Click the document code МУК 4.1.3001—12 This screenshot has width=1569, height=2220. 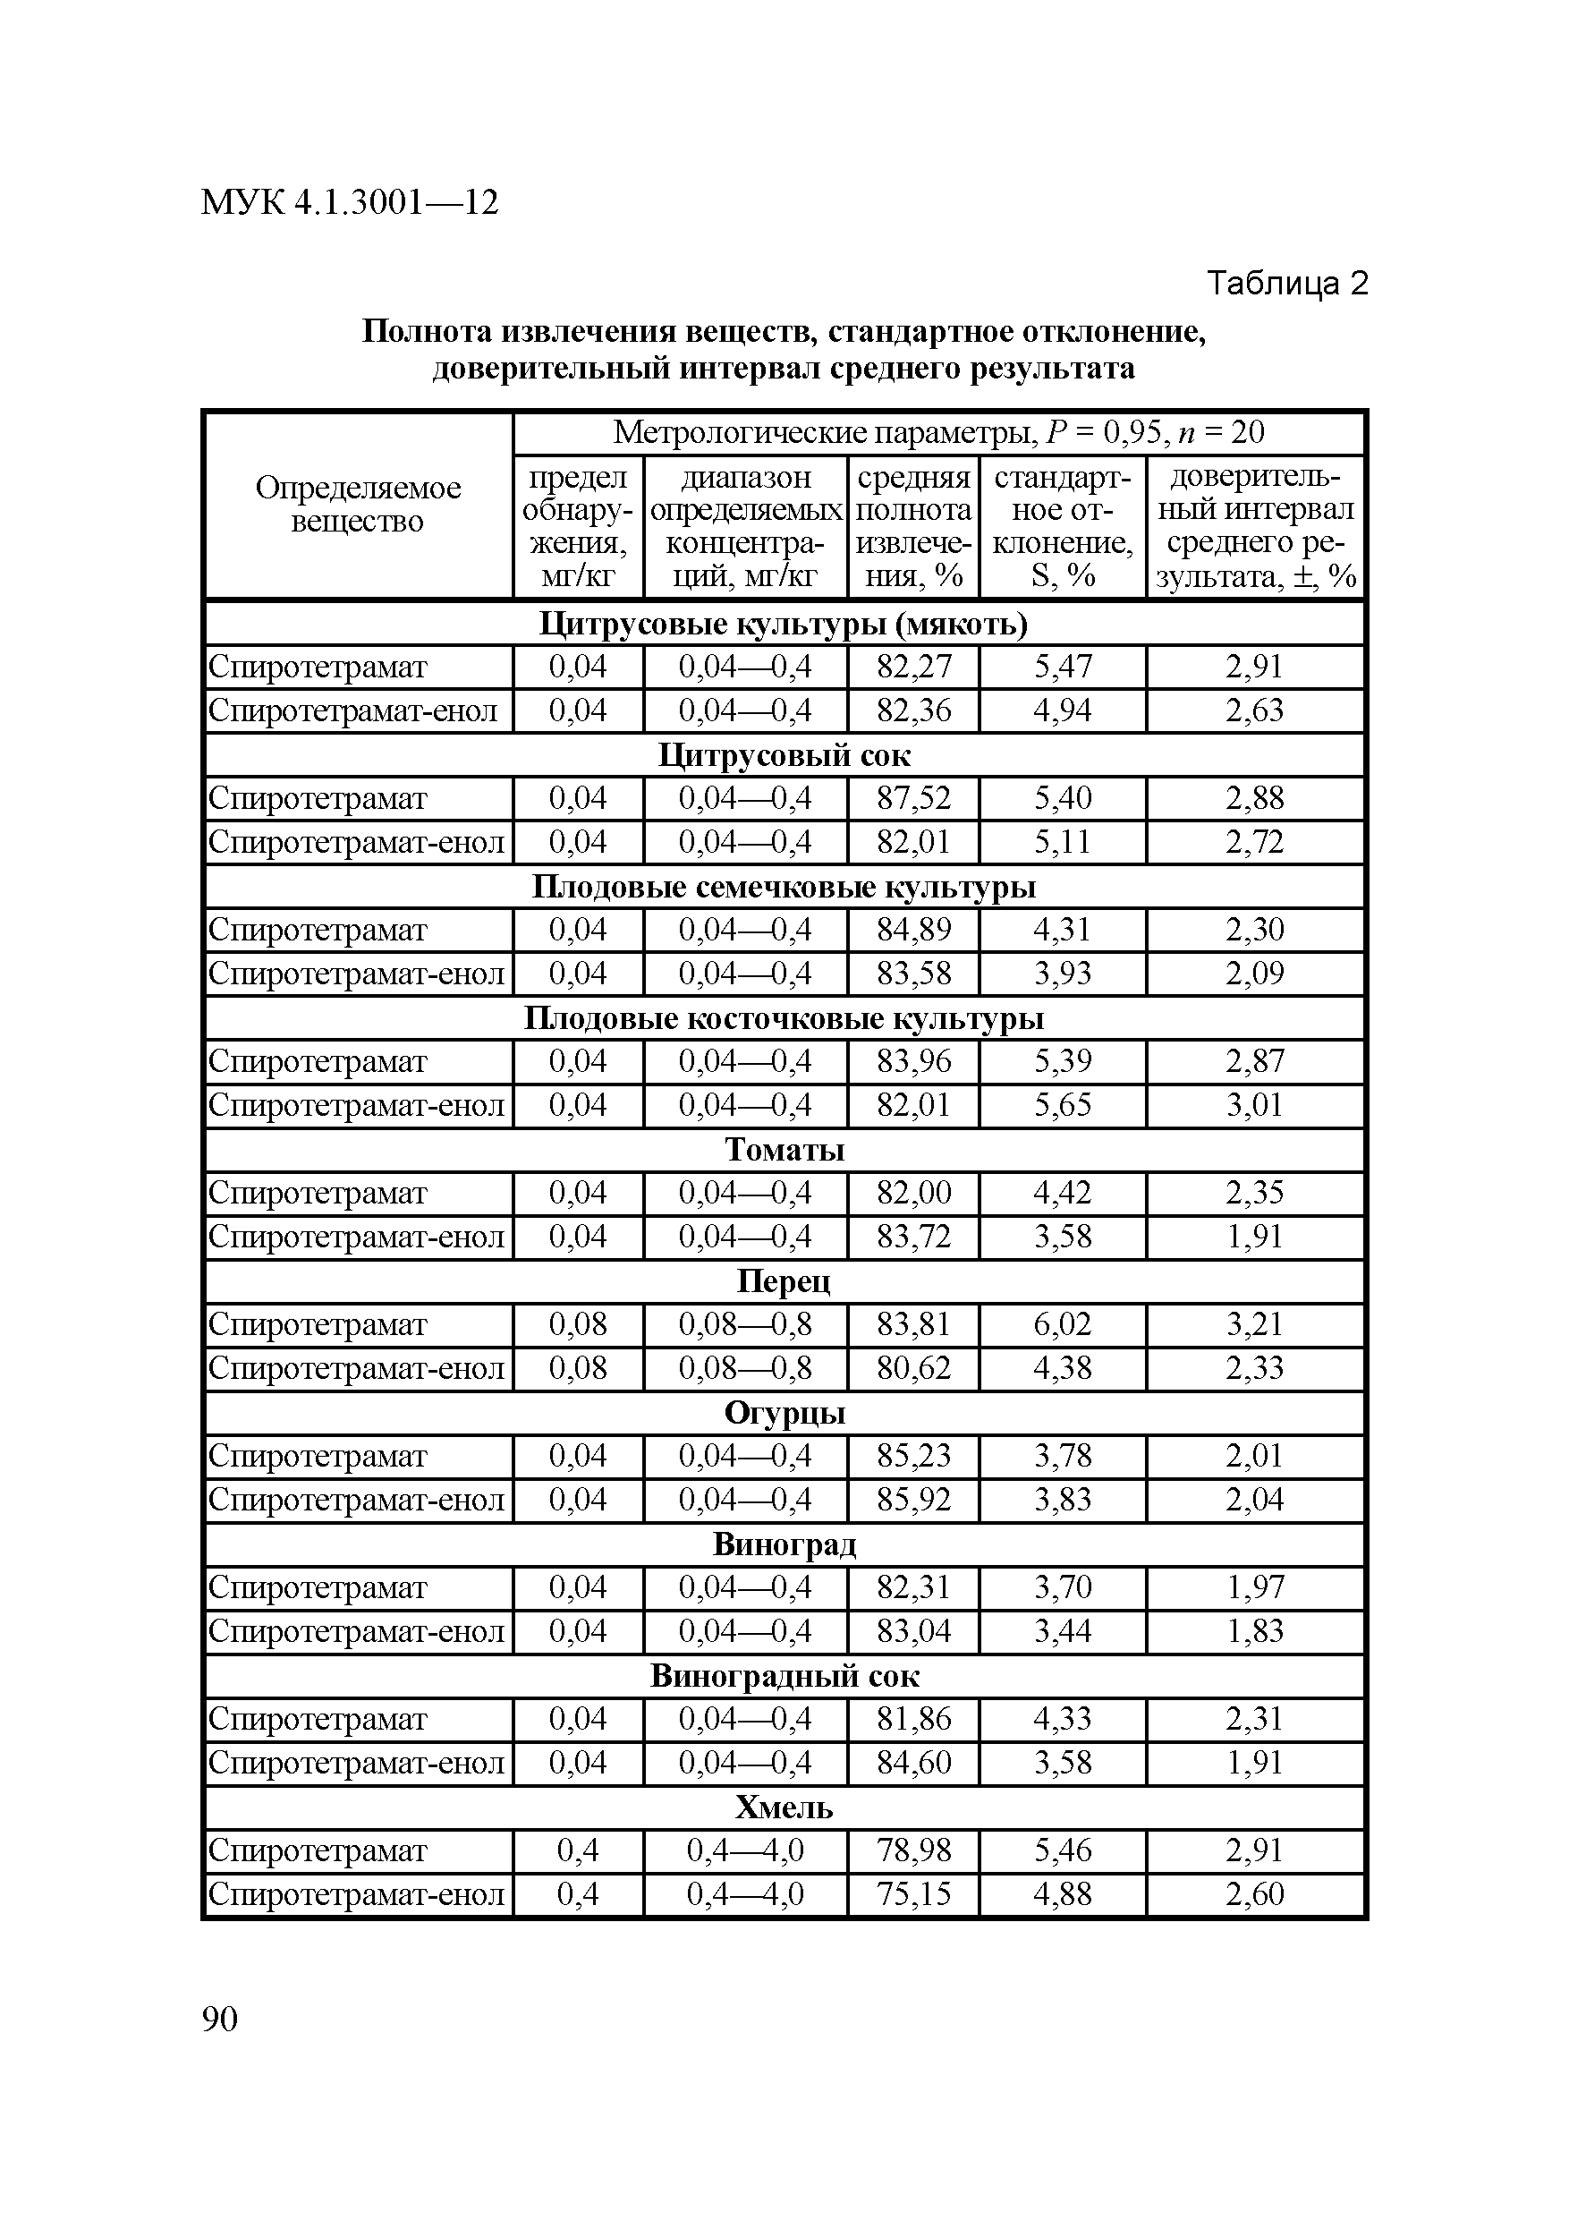pos(349,203)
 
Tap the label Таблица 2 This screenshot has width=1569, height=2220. pos(1286,284)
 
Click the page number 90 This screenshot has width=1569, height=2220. pos(219,2019)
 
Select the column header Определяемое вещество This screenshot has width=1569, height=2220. pos(358,505)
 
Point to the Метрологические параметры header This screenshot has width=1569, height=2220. pos(937,432)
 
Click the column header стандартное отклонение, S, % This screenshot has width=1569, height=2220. pos(1063,527)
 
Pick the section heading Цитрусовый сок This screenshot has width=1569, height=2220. pos(784,755)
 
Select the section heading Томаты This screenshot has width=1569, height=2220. pos(784,1150)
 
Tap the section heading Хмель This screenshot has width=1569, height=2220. pos(784,1807)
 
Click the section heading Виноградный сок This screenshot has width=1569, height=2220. pos(784,1676)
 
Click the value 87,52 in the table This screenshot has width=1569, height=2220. pos(913,799)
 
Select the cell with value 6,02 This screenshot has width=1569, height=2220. pos(1063,1324)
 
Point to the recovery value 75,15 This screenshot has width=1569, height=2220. pos(913,1894)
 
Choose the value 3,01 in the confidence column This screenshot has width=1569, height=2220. pos(1255,1105)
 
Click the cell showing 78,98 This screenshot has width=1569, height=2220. pos(913,1850)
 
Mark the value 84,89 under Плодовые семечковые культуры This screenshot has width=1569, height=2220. pos(913,931)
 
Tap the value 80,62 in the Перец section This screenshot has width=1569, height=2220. pos(913,1368)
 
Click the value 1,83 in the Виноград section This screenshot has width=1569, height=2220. pos(1255,1631)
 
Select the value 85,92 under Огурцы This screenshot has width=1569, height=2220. pos(913,1500)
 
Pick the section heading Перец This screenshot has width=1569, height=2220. pos(784,1281)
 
